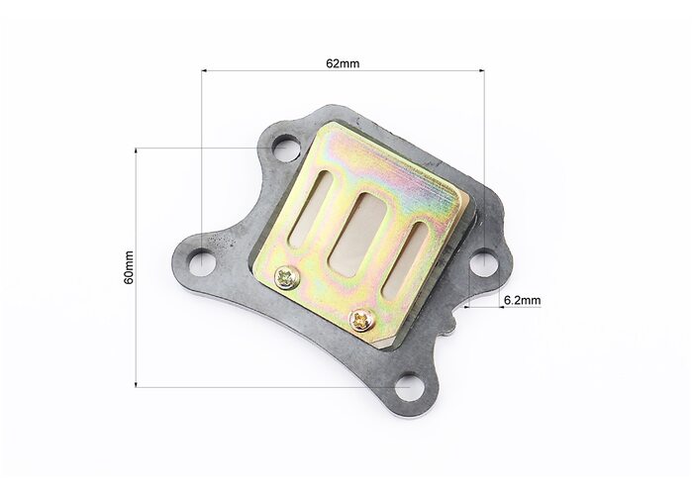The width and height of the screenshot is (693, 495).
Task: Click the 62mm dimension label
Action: click(343, 63)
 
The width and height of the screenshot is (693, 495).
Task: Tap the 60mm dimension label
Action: click(129, 267)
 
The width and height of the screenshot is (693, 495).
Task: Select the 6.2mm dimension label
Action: click(523, 301)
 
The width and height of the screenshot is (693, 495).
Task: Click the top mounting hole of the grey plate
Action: click(283, 148)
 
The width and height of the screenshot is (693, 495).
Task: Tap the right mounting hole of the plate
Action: click(484, 262)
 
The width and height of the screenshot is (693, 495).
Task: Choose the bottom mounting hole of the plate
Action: click(408, 387)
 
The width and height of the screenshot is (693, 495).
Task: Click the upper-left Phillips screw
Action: click(287, 278)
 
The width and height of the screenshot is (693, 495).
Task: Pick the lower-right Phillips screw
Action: click(362, 320)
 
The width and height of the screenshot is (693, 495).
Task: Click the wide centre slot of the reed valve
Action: click(357, 235)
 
